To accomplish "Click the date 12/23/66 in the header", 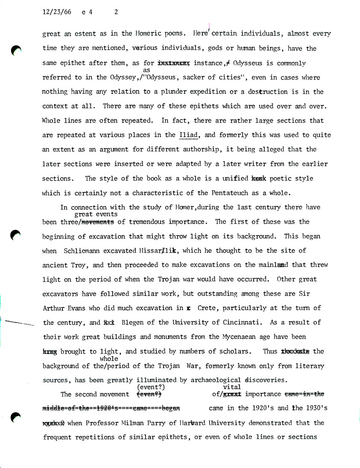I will pos(57,12).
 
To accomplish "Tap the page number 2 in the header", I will pos(116,12).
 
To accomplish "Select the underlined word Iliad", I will pos(188,135).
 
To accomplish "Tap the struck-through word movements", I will pos(97,222).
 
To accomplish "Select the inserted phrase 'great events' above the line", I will pos(96,215).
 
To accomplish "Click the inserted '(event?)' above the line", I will pos(151,387).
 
